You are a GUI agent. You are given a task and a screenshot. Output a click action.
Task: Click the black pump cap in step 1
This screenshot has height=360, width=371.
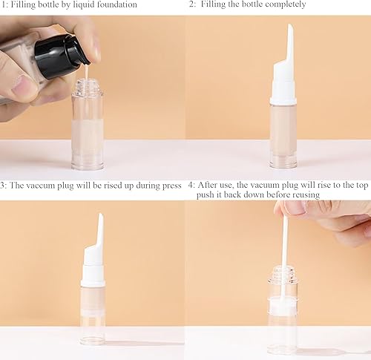click(62, 55)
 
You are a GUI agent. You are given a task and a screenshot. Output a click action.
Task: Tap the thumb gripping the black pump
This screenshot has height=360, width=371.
click(21, 88)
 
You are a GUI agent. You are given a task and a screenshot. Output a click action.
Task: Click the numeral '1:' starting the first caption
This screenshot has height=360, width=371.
click(4, 4)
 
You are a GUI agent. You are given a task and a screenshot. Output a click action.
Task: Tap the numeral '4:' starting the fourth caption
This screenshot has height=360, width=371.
click(191, 185)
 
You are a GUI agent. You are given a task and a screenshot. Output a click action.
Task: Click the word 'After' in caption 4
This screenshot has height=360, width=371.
click(209, 185)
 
